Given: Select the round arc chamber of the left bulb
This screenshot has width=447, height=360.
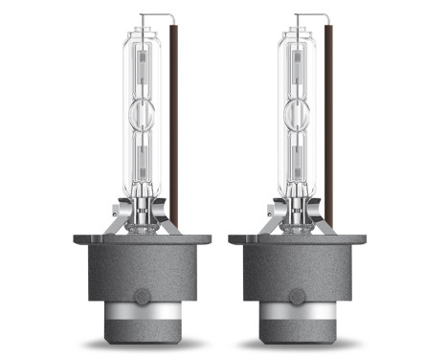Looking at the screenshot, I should coord(140,113).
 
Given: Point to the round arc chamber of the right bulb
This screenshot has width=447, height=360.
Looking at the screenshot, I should coord(294,113).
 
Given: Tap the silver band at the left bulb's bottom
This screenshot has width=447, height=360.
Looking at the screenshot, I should coord(140,316).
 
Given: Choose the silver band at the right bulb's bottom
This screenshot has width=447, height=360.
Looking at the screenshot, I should coord(295,316).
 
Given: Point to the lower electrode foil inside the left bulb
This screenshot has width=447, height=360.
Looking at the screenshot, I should coord(140,158).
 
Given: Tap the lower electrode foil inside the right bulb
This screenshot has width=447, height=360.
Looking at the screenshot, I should coord(294,158).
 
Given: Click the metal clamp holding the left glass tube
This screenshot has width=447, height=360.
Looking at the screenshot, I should coord(140,213).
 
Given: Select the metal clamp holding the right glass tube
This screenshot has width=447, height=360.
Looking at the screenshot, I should coord(294,213).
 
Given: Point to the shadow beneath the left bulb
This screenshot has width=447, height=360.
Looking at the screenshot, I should coord(140,343).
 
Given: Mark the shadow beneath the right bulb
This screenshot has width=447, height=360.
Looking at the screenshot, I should coord(295,343).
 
